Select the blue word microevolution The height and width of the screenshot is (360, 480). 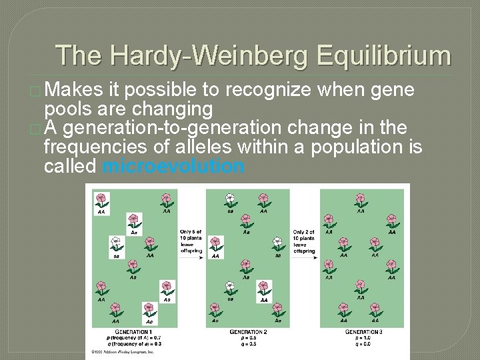click(173, 167)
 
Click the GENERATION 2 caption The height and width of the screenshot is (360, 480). click(248, 331)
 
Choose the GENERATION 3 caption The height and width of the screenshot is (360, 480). click(363, 331)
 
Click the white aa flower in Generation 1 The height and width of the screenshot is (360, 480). click(116, 243)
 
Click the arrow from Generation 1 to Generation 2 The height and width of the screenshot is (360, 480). click(191, 258)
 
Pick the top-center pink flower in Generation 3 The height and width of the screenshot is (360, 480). click(361, 199)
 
